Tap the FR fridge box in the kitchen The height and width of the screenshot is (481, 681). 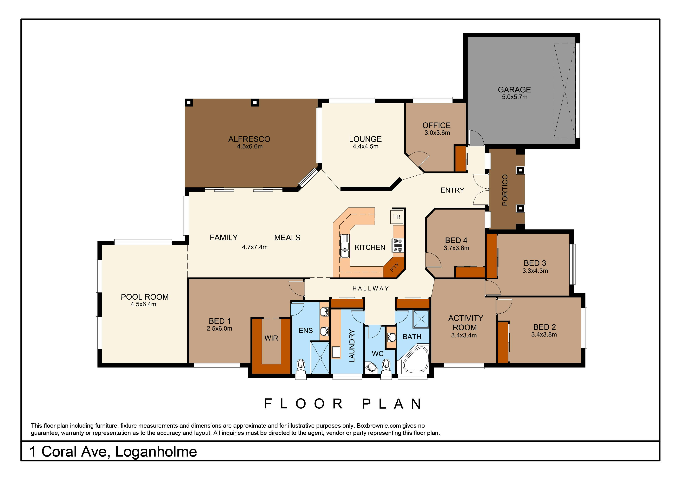397,217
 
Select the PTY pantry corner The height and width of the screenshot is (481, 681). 394,267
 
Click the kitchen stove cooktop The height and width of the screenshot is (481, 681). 398,245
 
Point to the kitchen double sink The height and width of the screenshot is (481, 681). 345,246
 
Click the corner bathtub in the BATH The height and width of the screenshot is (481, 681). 415,359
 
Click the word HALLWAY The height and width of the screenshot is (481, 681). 370,288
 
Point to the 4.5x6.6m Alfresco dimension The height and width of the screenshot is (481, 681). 249,146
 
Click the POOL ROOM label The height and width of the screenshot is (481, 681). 145,297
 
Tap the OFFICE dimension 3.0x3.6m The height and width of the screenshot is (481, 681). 437,133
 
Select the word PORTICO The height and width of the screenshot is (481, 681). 505,190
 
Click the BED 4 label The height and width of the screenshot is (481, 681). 456,240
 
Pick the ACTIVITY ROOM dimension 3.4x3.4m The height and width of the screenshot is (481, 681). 464,335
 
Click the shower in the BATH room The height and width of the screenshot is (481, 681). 421,319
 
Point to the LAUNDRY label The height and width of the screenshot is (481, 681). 352,346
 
